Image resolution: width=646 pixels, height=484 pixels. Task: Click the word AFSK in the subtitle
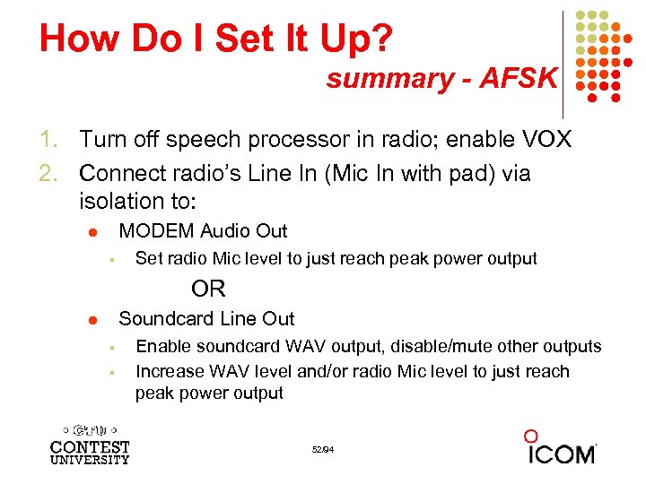tap(519, 79)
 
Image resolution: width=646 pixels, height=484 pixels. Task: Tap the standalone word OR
tap(208, 290)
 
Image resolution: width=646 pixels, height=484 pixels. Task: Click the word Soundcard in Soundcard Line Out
tap(164, 319)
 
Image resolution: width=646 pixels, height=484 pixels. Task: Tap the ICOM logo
tap(560, 447)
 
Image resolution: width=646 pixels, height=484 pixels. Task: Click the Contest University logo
tap(90, 443)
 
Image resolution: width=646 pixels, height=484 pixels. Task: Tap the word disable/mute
tap(455, 347)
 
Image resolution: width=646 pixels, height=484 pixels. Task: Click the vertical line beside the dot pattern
tap(563, 63)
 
